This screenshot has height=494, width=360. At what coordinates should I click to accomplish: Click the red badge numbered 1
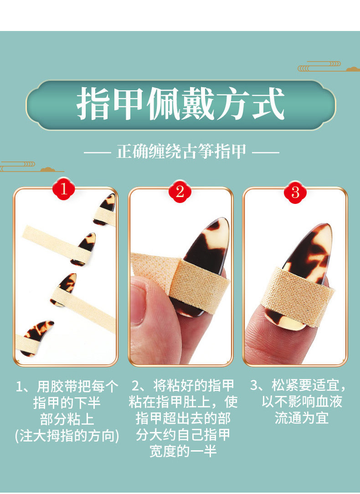(64, 189)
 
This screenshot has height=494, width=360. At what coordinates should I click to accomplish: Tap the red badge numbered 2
(180, 191)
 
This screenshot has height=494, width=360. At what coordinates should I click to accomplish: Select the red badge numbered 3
(295, 191)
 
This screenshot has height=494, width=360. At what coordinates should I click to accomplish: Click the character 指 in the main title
(93, 104)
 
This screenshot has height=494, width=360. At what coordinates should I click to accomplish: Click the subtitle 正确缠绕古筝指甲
(181, 151)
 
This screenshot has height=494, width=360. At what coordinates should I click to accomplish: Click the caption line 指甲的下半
(67, 403)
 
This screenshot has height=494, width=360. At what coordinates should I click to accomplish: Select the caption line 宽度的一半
(183, 451)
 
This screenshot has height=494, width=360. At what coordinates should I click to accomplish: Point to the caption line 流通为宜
(302, 418)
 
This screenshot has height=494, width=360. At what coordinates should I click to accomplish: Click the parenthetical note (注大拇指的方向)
(67, 436)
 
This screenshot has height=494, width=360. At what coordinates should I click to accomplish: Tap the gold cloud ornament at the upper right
(329, 66)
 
